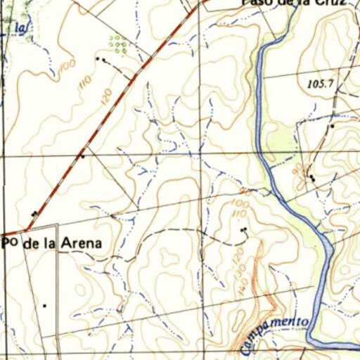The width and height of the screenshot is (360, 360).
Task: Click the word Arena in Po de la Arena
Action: pyautogui.click(x=81, y=243)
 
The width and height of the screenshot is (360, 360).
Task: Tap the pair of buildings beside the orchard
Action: pyautogui.click(x=103, y=60)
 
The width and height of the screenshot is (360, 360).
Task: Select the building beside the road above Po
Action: pyautogui.click(x=34, y=213)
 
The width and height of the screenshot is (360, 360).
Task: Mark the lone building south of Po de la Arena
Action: pyautogui.click(x=44, y=305)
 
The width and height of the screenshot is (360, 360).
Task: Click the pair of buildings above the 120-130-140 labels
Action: pyautogui.click(x=244, y=230)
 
